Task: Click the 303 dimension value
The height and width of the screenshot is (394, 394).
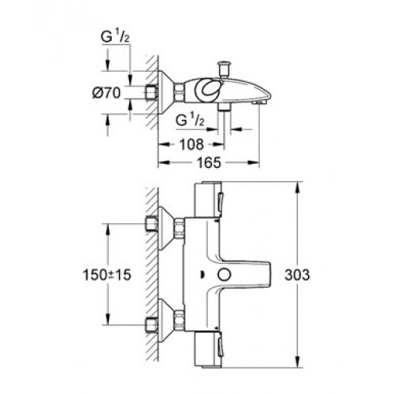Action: click(297, 275)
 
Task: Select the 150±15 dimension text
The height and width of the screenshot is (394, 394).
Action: click(106, 275)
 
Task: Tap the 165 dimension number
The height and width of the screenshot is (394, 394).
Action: click(210, 163)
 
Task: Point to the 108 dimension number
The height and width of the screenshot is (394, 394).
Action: click(191, 144)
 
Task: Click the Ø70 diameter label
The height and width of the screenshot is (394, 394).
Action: click(106, 93)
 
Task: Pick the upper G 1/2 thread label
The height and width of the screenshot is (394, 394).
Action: click(115, 37)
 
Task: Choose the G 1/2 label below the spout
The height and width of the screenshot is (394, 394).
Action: click(190, 121)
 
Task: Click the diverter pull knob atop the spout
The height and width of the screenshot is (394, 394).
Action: click(225, 69)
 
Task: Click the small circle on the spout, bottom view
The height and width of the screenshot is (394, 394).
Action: click(224, 275)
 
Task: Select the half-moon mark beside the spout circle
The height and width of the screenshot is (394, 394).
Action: click(203, 275)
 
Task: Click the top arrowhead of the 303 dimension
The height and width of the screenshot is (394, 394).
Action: click(297, 187)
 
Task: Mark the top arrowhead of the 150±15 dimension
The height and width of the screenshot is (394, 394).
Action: click(107, 229)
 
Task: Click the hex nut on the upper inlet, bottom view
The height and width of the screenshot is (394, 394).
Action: click(179, 228)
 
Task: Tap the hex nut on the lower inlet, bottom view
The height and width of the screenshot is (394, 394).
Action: click(179, 320)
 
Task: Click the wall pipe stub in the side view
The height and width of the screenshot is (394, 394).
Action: click(151, 93)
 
